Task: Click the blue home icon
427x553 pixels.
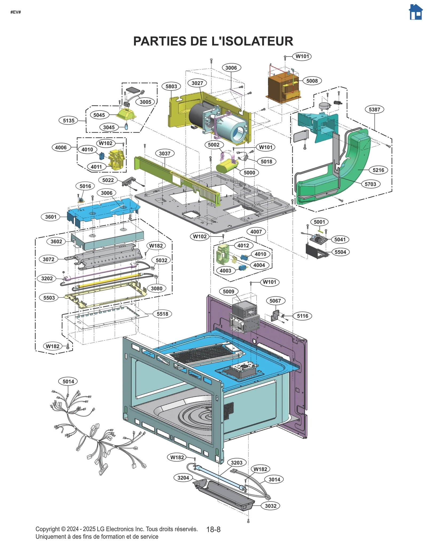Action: [x=416, y=12]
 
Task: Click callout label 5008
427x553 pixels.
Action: [x=312, y=81]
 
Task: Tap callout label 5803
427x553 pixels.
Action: [x=171, y=86]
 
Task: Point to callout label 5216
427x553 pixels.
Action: [x=378, y=170]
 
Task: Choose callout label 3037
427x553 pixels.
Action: [x=164, y=154]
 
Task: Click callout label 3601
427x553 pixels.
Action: [x=51, y=217]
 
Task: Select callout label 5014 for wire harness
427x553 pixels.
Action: [x=68, y=382]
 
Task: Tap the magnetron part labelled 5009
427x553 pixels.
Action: [x=244, y=316]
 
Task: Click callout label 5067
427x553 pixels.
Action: [x=275, y=301]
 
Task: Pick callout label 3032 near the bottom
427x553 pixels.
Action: [x=270, y=506]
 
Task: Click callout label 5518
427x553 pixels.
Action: [x=162, y=314]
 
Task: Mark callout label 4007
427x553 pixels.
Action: [x=256, y=232]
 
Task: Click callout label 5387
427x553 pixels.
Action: [x=374, y=109]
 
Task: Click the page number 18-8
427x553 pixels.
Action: [x=213, y=530]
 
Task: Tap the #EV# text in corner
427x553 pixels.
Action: [x=15, y=12]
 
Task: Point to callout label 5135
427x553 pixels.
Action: [x=68, y=121]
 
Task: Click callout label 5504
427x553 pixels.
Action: [x=340, y=252]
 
